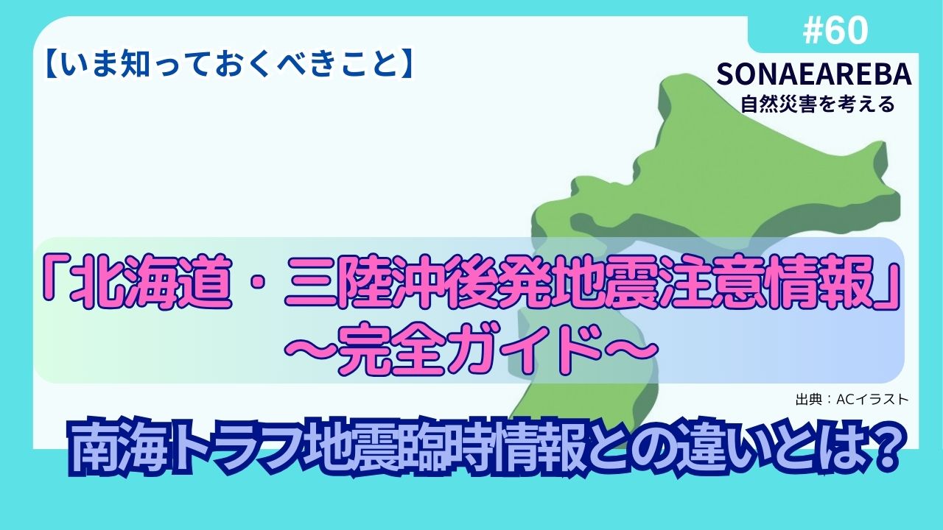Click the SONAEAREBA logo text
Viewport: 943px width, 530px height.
[814, 74]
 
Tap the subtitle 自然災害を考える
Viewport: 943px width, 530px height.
[818, 104]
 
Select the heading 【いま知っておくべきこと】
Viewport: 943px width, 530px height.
[230, 64]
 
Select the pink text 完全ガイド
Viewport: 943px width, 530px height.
[471, 348]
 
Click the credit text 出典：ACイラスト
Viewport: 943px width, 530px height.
[852, 399]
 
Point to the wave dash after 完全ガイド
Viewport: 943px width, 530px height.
[631, 349]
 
